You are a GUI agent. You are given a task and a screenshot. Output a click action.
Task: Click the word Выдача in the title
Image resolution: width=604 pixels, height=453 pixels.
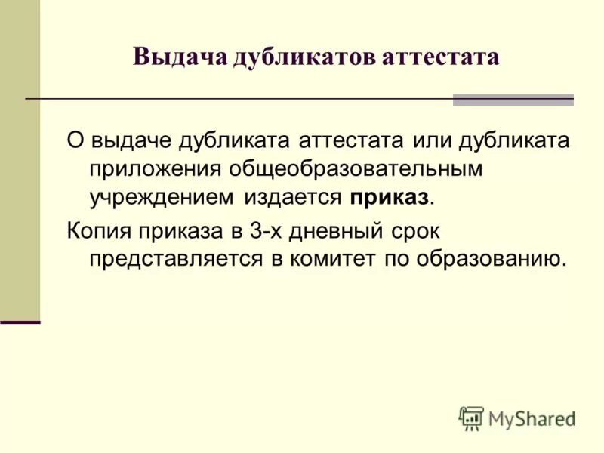[179, 57]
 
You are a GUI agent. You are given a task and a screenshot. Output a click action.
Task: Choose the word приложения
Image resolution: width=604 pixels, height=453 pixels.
[154, 170]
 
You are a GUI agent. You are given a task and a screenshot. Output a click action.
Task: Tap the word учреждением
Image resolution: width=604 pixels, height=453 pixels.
[162, 199]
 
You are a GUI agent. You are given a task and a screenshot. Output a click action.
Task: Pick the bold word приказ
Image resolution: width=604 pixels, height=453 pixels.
[389, 199]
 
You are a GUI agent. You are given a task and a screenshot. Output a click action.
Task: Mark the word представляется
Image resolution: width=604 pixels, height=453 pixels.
[177, 258]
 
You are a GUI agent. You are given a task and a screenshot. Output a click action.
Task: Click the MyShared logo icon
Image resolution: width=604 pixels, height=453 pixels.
[471, 418]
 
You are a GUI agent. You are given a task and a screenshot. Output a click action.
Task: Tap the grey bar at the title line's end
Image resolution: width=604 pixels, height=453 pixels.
[513, 100]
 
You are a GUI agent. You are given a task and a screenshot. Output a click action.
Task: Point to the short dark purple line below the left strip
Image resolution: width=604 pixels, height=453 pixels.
[20, 322]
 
